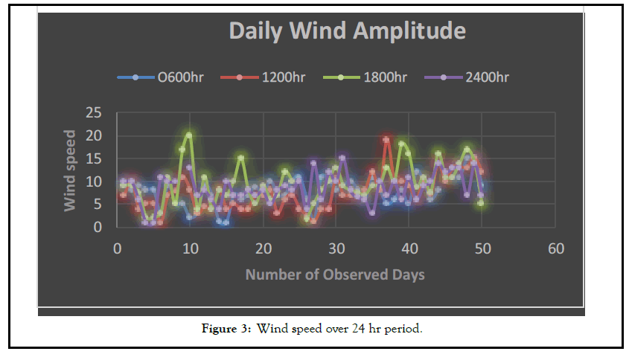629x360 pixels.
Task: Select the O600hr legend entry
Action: [x=176, y=77]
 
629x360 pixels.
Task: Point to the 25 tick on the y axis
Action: [x=95, y=113]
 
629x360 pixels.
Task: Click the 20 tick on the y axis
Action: [x=95, y=136]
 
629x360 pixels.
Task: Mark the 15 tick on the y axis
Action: [x=95, y=159]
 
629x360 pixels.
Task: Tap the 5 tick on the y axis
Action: [x=98, y=205]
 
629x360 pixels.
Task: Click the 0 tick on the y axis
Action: [x=98, y=228]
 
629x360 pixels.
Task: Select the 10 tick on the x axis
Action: [x=190, y=248]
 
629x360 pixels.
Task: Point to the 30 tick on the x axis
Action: [x=336, y=248]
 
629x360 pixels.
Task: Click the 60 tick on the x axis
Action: [x=556, y=248]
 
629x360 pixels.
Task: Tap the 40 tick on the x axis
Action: [x=409, y=248]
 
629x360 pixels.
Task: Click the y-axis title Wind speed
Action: [x=71, y=170]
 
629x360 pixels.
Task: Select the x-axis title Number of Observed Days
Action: [x=335, y=274]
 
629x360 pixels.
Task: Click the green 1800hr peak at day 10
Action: [x=189, y=135]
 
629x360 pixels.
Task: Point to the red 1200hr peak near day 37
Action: [x=386, y=139]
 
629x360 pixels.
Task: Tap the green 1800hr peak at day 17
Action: [x=241, y=158]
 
